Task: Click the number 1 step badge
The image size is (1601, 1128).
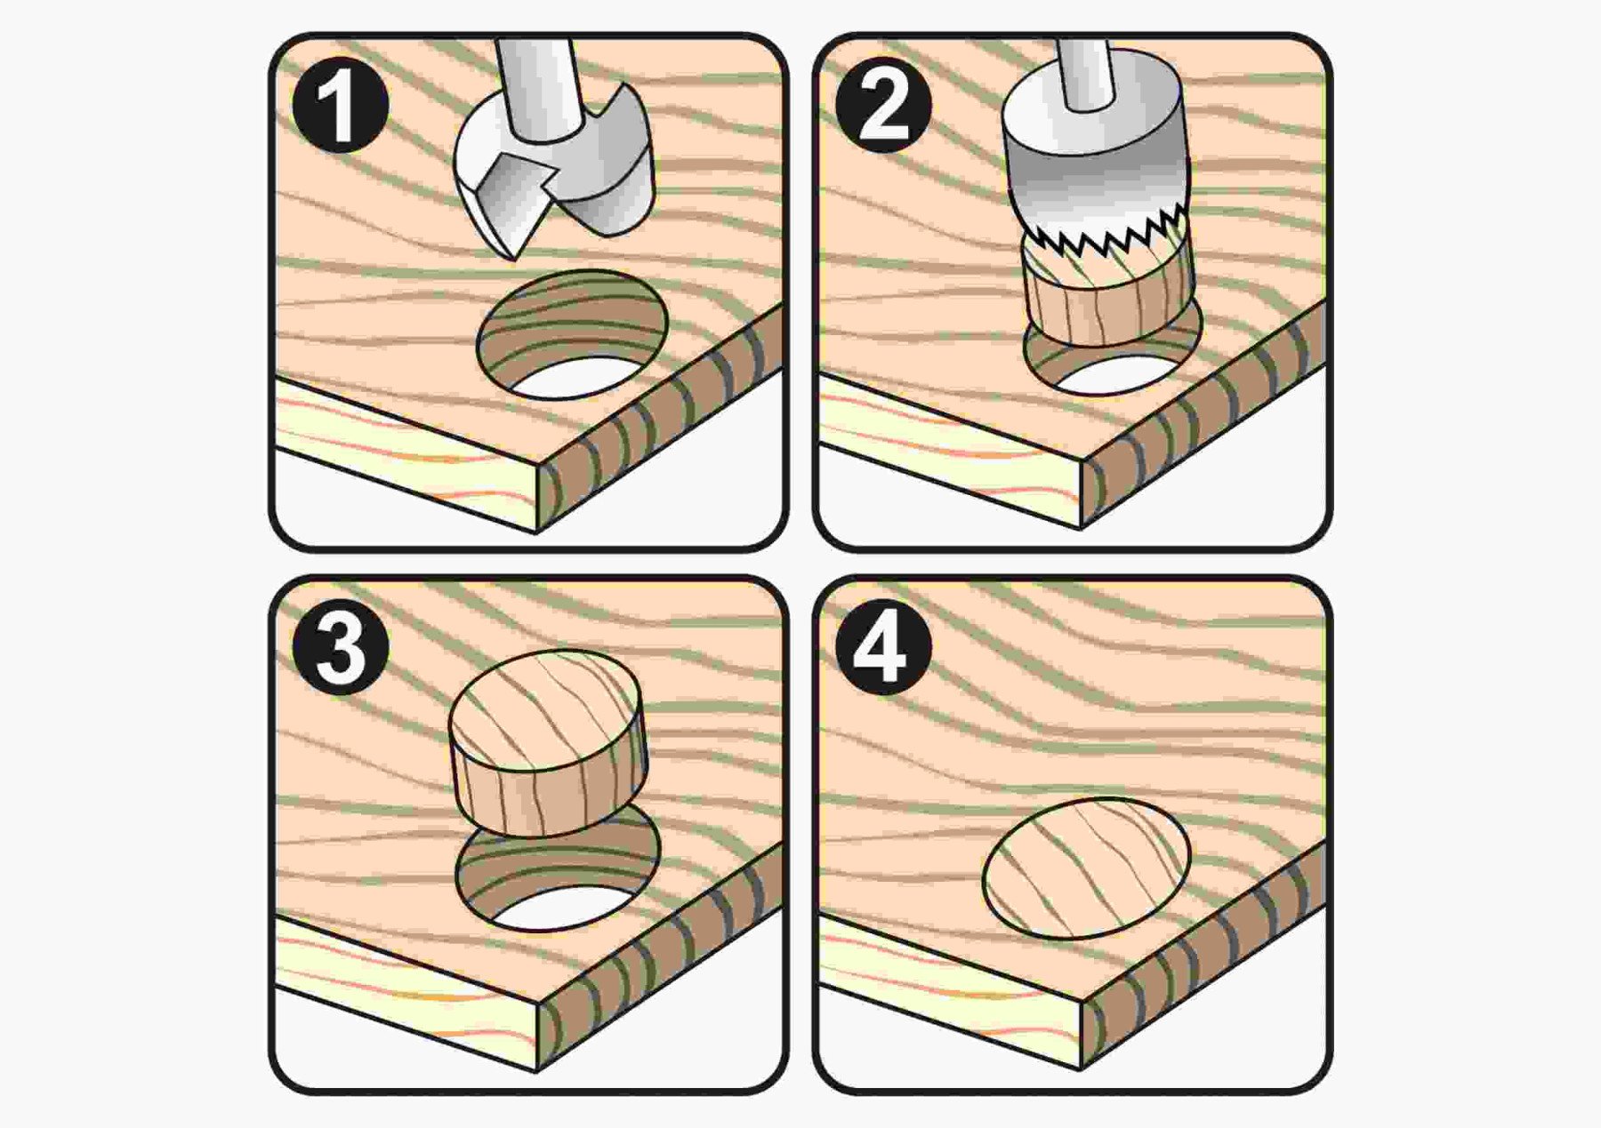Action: click(341, 105)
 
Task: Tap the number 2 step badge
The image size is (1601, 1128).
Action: click(883, 105)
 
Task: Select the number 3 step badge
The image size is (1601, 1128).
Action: click(341, 646)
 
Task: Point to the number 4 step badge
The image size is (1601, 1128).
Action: click(883, 646)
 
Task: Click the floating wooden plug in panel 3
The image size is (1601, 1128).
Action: click(547, 742)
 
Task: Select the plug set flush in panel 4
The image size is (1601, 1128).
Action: click(1086, 868)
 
